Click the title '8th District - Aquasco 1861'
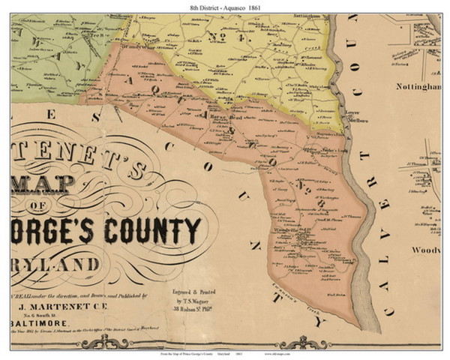225,7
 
